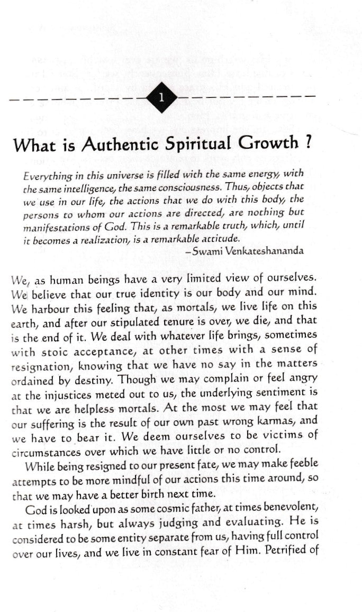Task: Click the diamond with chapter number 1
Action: (161, 97)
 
